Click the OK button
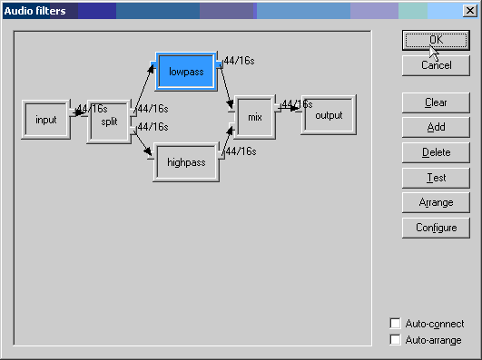436,40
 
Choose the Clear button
436,102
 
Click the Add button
436,127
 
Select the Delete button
436,152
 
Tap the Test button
436,178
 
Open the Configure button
436,228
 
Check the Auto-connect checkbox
395,323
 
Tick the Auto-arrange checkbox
395,340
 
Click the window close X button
469,11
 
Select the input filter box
45,120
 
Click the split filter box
110,122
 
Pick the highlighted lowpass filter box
186,72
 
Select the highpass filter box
186,162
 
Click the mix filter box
255,117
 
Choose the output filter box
329,115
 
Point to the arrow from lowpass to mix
226,87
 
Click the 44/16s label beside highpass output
241,151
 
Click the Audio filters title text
34,11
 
